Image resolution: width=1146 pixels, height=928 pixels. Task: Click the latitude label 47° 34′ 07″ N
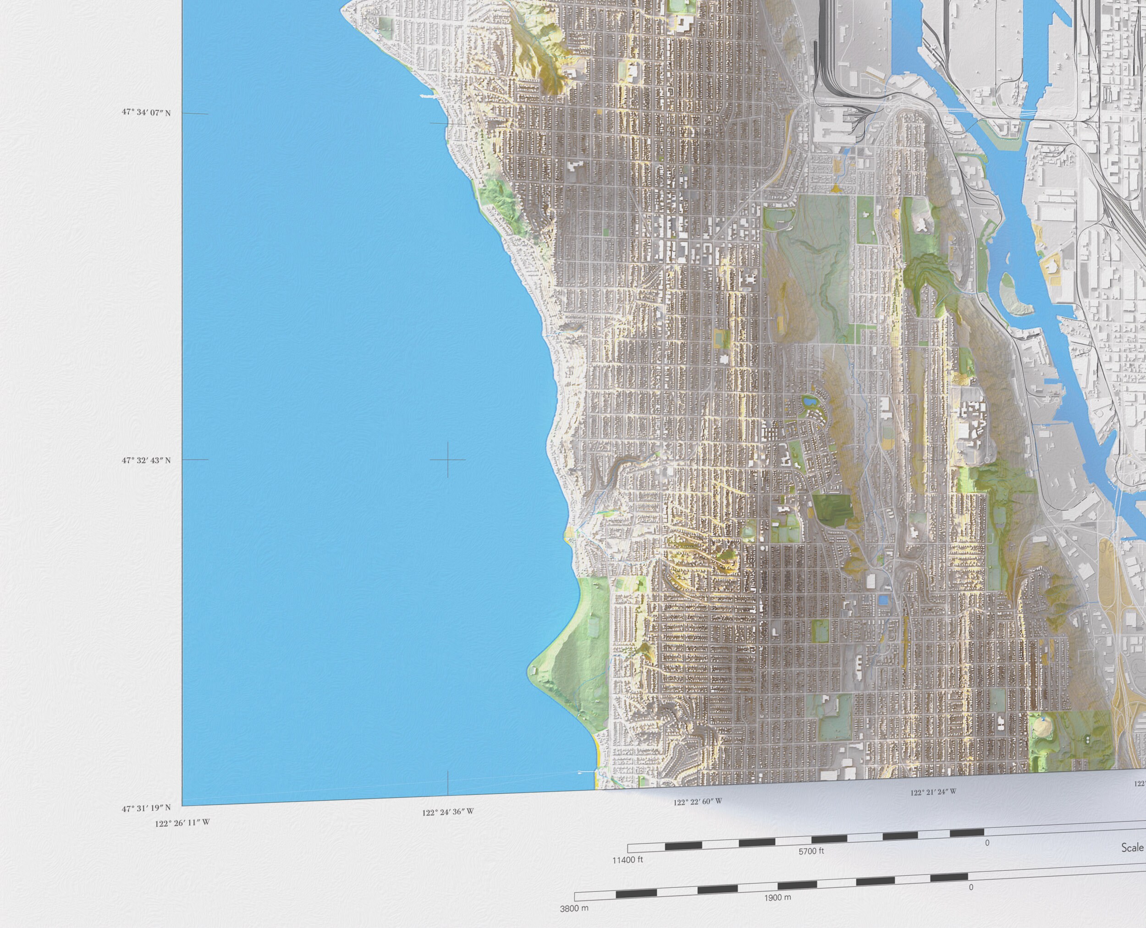[x=145, y=113]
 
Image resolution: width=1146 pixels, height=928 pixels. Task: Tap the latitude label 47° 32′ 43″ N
[x=145, y=460]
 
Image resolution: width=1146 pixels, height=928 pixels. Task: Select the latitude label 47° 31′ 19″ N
[x=145, y=808]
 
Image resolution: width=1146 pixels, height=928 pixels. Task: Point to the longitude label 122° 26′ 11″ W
[x=182, y=823]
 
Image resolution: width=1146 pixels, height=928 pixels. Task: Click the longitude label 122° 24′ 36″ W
[x=448, y=812]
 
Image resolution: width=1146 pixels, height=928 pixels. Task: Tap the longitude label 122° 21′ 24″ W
[x=934, y=792]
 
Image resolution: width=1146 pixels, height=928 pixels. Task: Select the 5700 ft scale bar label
[x=811, y=851]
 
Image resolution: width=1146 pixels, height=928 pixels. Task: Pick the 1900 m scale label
[x=779, y=897]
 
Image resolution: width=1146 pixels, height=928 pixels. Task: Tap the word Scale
[x=1133, y=848]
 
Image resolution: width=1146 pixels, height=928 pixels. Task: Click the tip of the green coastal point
[x=531, y=670]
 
